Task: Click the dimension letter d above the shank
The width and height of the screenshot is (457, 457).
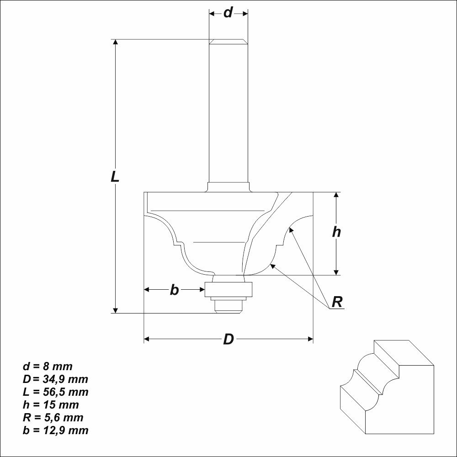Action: [x=228, y=13]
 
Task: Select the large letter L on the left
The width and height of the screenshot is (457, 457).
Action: [x=115, y=176]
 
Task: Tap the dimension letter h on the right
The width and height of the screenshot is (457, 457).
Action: [x=336, y=232]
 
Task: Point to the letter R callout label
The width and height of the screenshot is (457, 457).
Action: [x=337, y=302]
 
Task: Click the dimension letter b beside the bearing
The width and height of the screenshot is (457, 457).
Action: [x=174, y=290]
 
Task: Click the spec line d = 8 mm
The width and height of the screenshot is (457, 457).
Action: [x=48, y=366]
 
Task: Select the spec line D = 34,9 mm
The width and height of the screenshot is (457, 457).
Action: [x=55, y=379]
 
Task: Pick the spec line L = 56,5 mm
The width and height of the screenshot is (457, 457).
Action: [x=55, y=392]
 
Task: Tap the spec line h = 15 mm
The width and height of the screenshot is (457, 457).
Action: [x=51, y=404]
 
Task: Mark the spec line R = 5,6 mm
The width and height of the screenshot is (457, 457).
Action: [x=53, y=417]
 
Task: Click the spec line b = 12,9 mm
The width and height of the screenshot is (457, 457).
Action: [x=55, y=430]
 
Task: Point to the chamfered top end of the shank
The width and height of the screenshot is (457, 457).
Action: [x=228, y=42]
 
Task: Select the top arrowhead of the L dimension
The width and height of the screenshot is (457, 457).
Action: [x=116, y=43]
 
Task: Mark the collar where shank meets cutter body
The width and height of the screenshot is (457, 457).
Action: [x=228, y=187]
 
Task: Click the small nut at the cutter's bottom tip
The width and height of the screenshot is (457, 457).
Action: [x=228, y=306]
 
